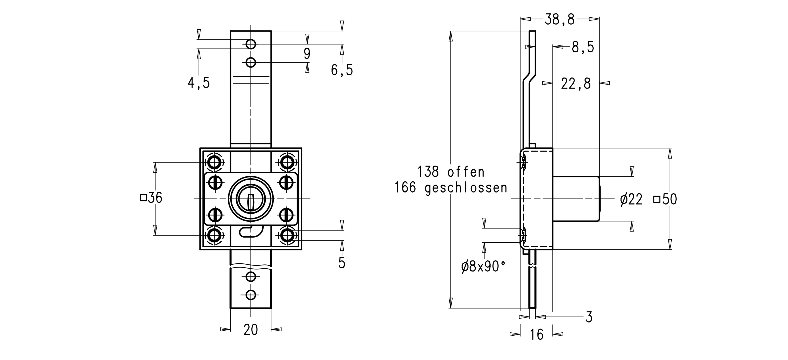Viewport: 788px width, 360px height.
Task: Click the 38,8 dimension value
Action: point(559,20)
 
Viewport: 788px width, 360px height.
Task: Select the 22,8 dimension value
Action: point(576,84)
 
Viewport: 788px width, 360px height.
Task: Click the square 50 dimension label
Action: point(665,199)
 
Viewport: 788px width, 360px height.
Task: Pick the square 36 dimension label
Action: point(151,198)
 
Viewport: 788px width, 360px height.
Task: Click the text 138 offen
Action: point(451,172)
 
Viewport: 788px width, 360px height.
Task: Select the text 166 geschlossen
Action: point(451,187)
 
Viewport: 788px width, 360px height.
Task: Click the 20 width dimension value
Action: point(251,330)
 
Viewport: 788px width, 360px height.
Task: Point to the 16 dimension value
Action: point(536,334)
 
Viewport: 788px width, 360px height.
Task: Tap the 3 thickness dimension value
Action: point(589,317)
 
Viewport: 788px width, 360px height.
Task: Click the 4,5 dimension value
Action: point(199,83)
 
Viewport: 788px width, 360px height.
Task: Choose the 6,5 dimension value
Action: point(342,70)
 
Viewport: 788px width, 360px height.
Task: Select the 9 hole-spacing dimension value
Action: point(307,54)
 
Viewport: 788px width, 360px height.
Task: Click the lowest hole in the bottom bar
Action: point(251,295)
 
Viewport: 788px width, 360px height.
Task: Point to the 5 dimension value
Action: point(342,263)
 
